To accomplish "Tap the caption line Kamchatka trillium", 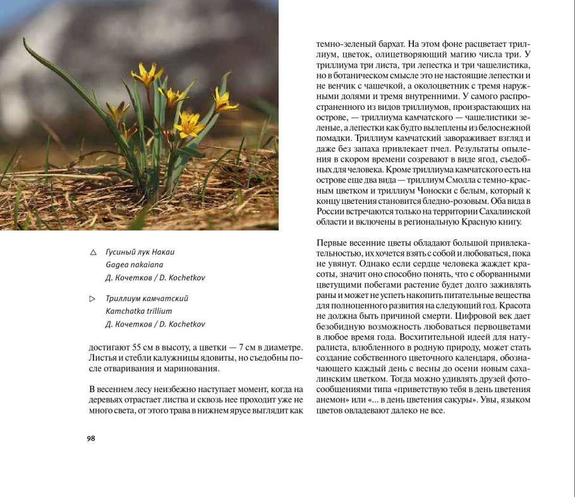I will (x=139, y=311).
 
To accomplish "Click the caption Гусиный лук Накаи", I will (x=140, y=252).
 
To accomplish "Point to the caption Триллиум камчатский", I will (x=147, y=298).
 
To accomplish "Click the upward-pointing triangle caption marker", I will (x=94, y=253).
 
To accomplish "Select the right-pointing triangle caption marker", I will (x=94, y=298).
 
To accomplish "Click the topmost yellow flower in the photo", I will (x=147, y=73).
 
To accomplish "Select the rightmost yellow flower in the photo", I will (x=224, y=100).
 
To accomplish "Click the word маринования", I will (x=189, y=369).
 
